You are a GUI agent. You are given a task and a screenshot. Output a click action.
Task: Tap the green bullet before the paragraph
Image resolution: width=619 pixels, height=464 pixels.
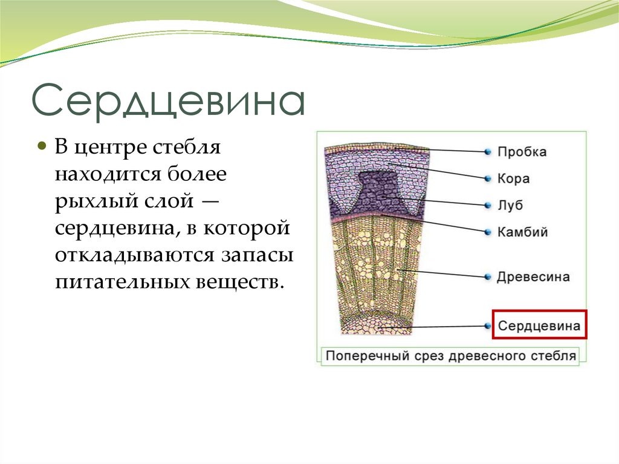(x=42, y=147)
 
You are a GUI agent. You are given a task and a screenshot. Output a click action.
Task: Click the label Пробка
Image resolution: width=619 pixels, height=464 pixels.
(x=522, y=152)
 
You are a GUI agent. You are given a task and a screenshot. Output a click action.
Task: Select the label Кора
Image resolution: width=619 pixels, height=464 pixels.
(x=513, y=178)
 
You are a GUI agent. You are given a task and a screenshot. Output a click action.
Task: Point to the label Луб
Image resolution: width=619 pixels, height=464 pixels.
(x=510, y=205)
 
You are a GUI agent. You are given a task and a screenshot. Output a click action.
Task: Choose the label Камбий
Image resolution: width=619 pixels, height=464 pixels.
(x=522, y=232)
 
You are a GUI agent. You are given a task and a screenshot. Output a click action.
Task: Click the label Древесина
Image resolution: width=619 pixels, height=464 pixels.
(x=533, y=277)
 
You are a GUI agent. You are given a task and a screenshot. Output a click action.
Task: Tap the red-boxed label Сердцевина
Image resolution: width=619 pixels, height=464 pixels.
(x=539, y=326)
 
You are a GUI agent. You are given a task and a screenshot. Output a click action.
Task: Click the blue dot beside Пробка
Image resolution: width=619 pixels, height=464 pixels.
(x=487, y=151)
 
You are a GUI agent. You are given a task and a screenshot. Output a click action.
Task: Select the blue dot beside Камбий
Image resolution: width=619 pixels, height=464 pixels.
(x=487, y=231)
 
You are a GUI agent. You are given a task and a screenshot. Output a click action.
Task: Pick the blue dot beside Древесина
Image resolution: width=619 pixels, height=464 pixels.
(x=487, y=276)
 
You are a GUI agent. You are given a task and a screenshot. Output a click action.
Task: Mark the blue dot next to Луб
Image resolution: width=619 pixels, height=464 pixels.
(x=487, y=205)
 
